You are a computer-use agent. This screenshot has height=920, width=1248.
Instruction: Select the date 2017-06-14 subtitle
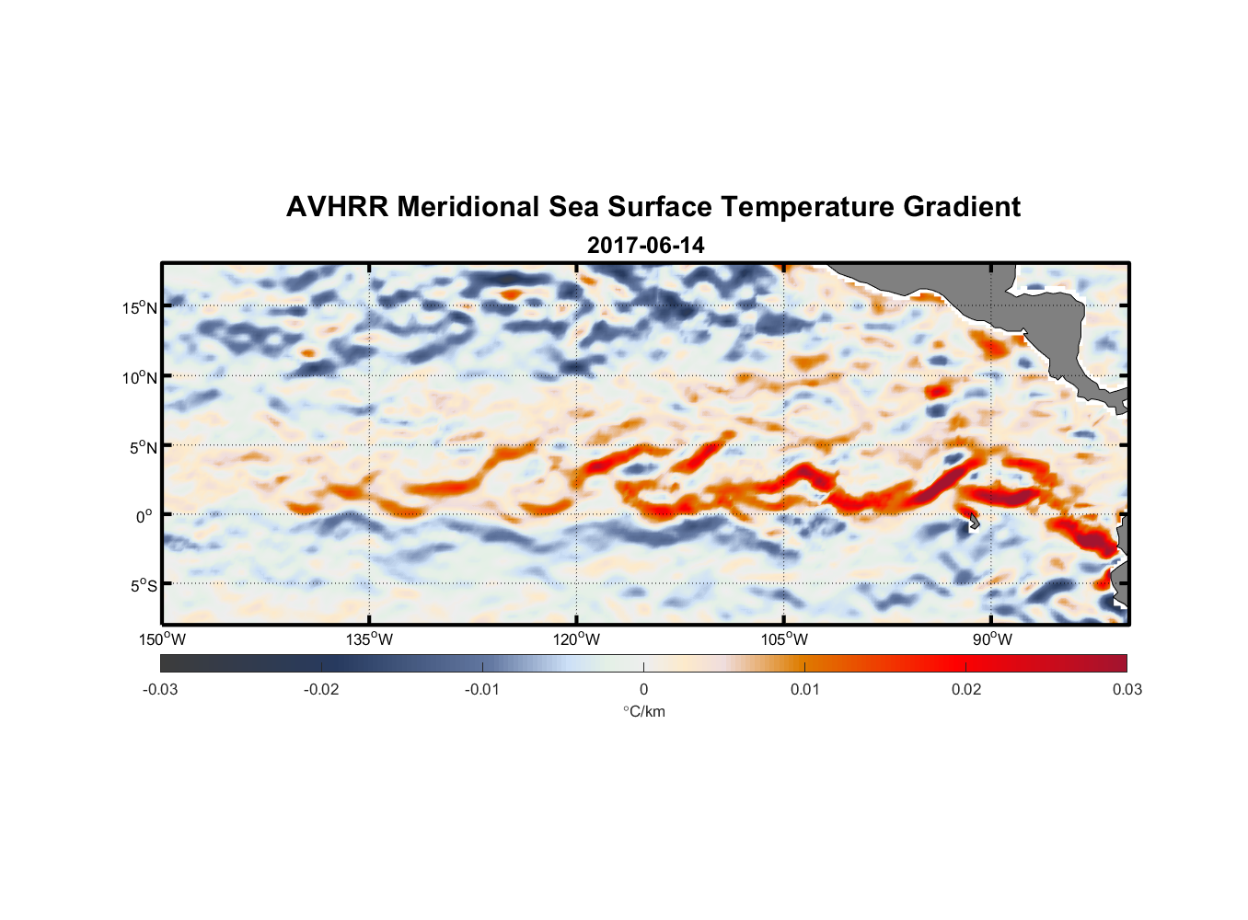[645, 246]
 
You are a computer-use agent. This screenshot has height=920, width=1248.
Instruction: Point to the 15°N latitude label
[139, 307]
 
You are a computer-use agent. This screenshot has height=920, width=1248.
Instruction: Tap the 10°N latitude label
[139, 377]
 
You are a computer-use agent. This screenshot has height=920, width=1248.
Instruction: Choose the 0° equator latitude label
[144, 516]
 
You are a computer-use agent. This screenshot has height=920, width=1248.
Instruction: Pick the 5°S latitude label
[143, 585]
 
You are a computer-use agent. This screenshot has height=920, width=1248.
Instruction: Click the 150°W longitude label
[162, 639]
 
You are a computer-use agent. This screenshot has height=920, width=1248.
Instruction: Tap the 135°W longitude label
[369, 639]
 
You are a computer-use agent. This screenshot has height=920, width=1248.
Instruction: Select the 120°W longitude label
[576, 639]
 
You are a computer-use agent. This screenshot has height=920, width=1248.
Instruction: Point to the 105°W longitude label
[784, 639]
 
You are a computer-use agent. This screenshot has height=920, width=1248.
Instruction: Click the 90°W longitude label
[991, 639]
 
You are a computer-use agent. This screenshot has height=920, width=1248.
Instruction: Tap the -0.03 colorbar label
[160, 689]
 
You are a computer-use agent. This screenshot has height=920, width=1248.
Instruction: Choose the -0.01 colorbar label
[482, 689]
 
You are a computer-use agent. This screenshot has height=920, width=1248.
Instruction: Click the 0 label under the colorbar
[643, 689]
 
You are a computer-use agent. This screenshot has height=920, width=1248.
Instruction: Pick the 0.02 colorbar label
[966, 689]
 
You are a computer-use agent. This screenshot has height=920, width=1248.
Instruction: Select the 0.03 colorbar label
[1127, 689]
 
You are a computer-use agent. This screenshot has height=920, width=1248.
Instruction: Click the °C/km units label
[643, 711]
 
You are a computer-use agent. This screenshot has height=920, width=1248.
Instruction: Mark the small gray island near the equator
[972, 522]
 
